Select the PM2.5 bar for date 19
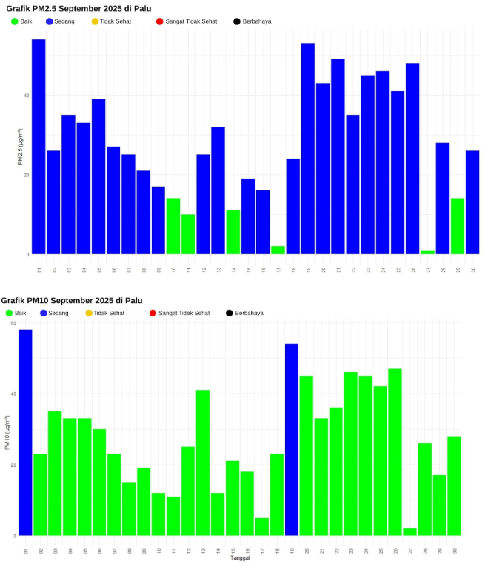coord(308,148)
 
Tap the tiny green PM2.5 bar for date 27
coord(427,252)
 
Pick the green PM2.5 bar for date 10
coord(173,226)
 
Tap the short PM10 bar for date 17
coord(262,526)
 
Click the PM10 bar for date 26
coord(395,452)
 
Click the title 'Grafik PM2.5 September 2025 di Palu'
coord(78,8)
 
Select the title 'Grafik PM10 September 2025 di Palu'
coord(72,300)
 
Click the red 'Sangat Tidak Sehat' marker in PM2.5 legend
coord(159,21)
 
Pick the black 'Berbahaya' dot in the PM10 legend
coord(230,314)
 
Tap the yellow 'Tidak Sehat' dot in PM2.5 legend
coord(95,21)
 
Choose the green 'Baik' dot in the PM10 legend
coord(8,314)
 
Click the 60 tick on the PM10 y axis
coord(13,323)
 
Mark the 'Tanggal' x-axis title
coord(240,558)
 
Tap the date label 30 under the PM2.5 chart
coord(473,270)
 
